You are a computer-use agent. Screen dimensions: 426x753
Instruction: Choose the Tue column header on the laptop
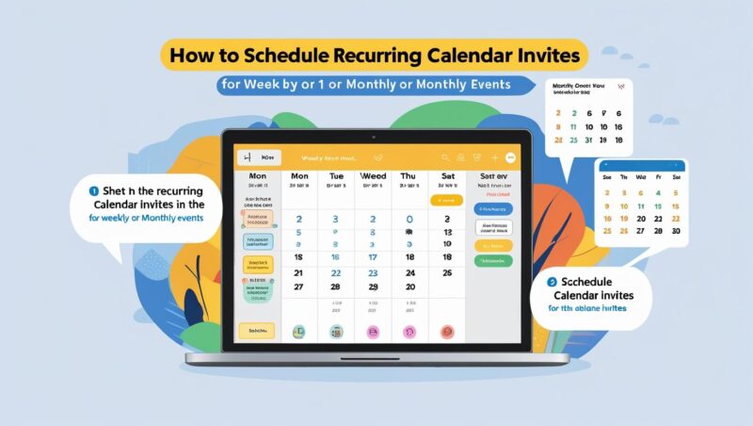(337, 176)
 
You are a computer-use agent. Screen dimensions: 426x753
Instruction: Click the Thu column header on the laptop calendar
(409, 176)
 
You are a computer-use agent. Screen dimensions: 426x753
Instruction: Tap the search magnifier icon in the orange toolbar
(446, 158)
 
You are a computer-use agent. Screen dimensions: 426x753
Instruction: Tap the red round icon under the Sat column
(446, 332)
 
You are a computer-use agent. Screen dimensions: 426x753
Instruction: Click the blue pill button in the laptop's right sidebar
(494, 208)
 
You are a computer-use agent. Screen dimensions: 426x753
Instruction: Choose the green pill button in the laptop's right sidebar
(494, 260)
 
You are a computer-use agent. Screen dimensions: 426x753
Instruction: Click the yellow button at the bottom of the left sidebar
(255, 331)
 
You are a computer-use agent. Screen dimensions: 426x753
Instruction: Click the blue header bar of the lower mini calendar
(642, 165)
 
